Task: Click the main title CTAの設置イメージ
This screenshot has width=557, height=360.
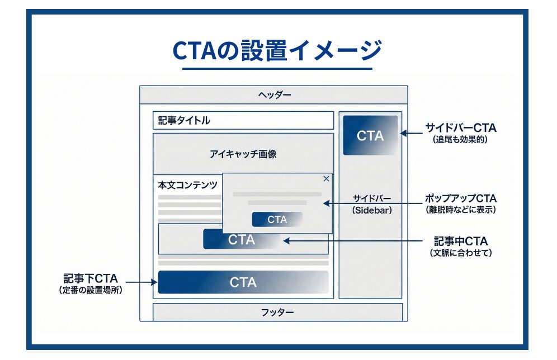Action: (x=277, y=50)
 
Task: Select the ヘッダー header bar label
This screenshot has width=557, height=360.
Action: (x=274, y=94)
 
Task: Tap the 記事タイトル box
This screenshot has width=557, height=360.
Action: (x=243, y=120)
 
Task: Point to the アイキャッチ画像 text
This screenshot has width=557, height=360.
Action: (x=243, y=154)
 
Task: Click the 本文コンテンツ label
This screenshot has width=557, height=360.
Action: (x=187, y=185)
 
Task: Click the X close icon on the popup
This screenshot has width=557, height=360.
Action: (x=327, y=179)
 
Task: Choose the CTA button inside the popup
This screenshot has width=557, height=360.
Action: (x=277, y=220)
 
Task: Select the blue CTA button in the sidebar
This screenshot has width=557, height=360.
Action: (x=370, y=135)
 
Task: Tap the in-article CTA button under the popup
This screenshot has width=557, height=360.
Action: (x=242, y=240)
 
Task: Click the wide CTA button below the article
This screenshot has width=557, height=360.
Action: (x=243, y=282)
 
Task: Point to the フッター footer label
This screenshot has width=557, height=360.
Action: (x=277, y=312)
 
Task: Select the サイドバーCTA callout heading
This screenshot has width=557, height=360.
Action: (x=460, y=128)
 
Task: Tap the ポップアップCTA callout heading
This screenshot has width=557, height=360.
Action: (x=460, y=198)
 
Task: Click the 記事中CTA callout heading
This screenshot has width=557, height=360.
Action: (x=461, y=241)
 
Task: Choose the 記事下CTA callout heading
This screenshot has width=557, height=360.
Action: (x=90, y=278)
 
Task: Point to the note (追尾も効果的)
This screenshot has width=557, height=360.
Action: (x=460, y=140)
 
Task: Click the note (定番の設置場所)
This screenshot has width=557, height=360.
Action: (x=90, y=290)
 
